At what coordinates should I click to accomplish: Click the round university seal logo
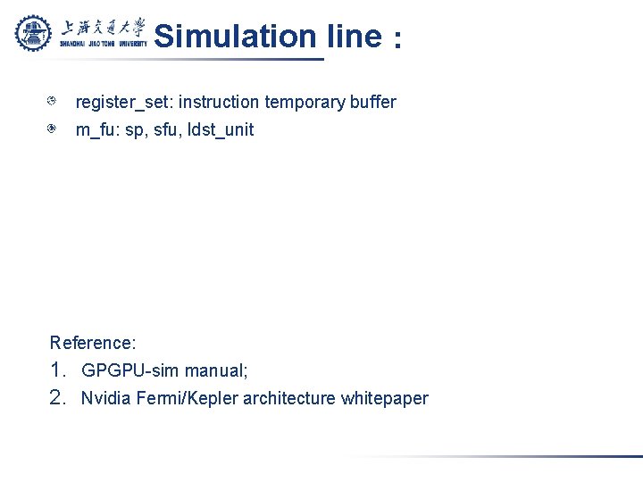(34, 33)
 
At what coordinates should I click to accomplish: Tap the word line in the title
(354, 37)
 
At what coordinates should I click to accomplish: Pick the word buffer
(373, 103)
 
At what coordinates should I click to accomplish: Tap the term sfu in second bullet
(166, 130)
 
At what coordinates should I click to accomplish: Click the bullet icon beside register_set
(54, 102)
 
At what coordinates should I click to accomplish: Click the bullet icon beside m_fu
(54, 129)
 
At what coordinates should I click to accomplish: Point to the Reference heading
(93, 343)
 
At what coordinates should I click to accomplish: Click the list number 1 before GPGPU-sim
(58, 370)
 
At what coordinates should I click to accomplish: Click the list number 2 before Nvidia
(58, 398)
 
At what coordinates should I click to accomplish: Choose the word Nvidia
(107, 398)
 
